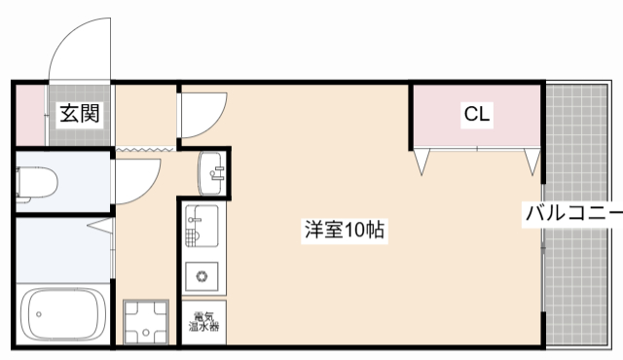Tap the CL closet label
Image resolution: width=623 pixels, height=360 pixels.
[x=476, y=115]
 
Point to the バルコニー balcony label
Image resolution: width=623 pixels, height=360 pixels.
[x=573, y=213]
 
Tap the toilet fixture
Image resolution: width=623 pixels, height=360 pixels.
[x=39, y=182]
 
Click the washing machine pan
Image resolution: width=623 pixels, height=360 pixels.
[x=146, y=323]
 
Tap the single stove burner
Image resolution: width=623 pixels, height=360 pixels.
[x=203, y=276]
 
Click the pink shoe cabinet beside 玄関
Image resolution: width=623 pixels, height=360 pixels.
[x=30, y=114]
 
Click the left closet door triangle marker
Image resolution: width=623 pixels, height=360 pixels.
[x=420, y=162]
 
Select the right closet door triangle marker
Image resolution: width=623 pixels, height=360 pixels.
[x=532, y=162]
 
